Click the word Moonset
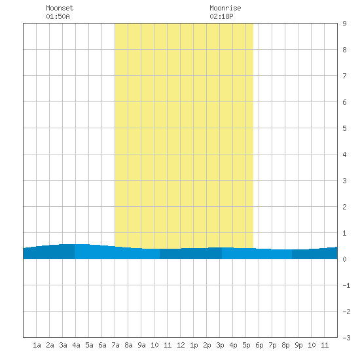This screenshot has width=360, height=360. tap(60, 8)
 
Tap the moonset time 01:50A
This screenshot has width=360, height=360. tap(58, 16)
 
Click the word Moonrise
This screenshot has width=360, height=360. tap(225, 8)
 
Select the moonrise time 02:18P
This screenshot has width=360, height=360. tap(221, 16)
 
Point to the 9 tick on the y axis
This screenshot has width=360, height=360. tap(344, 24)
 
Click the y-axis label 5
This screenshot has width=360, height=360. tap(344, 128)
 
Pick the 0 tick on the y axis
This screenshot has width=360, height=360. tap(344, 259)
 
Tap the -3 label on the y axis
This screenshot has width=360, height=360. tap(346, 338)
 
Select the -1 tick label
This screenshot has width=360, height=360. tap(346, 285)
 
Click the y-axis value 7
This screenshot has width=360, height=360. tap(344, 76)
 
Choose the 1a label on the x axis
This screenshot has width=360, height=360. tap(37, 345)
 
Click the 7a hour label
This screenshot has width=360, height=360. tap(115, 345)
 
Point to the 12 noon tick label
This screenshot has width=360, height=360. tap(181, 345)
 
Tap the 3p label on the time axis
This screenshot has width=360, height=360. tap(220, 345)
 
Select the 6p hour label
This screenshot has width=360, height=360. tap(259, 345)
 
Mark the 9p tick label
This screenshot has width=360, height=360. tap(298, 345)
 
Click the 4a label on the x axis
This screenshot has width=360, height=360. tap(76, 345)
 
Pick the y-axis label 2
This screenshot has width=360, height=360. tap(344, 207)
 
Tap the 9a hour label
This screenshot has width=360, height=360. tap(141, 345)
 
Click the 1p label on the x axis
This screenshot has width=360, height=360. tap(194, 345)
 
